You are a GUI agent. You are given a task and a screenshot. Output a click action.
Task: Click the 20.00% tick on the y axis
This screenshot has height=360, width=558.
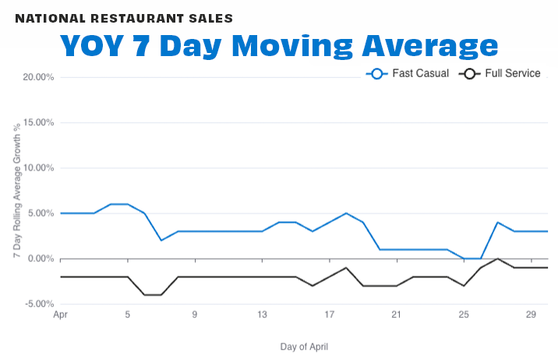tap(37, 77)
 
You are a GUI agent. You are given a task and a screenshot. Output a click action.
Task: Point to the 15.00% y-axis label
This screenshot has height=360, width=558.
tap(37, 122)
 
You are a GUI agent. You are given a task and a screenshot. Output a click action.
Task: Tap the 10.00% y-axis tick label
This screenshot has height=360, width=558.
tap(37, 168)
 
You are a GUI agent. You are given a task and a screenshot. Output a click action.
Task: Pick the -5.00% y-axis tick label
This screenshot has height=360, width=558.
tap(38, 303)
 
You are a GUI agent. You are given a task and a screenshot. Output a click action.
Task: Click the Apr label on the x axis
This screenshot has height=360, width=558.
tap(61, 315)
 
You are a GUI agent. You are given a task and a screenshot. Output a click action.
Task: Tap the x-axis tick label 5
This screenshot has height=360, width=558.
tap(128, 315)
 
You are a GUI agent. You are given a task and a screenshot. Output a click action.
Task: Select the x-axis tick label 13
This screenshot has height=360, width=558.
tap(262, 315)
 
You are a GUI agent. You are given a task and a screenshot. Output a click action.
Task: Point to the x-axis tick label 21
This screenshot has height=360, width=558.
tap(397, 315)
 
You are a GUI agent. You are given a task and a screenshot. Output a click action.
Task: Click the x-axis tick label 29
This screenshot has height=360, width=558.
tap(531, 315)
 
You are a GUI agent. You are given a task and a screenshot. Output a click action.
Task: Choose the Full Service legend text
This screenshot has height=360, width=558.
tap(513, 74)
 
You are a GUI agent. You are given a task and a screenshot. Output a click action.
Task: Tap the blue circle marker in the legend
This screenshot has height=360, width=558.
tap(378, 74)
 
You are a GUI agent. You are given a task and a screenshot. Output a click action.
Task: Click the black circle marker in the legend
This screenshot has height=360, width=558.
tap(470, 74)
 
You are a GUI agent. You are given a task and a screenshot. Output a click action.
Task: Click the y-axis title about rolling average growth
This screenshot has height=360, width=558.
tap(16, 190)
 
